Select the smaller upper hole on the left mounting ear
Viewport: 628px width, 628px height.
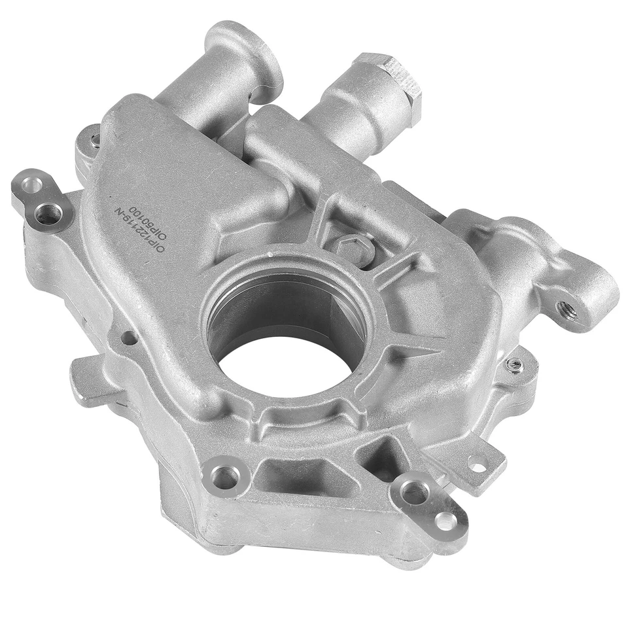point(31,186)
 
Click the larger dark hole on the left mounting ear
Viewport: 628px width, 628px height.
point(48,213)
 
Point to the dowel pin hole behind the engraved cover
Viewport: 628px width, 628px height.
point(96,139)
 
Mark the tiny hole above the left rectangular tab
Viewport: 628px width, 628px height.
point(130,338)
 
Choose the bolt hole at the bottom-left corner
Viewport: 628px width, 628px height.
point(224,477)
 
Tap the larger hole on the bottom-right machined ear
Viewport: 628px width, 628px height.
point(413,492)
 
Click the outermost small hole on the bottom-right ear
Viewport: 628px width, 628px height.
point(445,520)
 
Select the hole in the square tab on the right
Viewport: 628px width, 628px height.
point(478,465)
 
